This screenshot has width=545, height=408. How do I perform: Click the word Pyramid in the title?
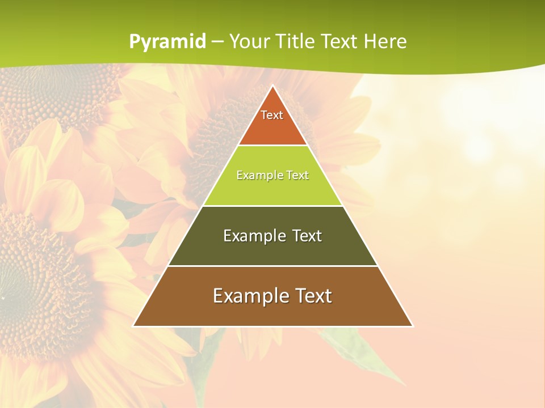pyautogui.click(x=167, y=42)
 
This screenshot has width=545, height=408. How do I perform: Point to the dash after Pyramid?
pyautogui.click(x=217, y=42)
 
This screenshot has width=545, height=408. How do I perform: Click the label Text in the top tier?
pyautogui.click(x=272, y=115)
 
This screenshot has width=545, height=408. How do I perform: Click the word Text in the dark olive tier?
pyautogui.click(x=307, y=236)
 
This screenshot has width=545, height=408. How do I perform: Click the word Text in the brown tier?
pyautogui.click(x=311, y=296)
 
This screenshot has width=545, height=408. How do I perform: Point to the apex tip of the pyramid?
pyautogui.click(x=273, y=86)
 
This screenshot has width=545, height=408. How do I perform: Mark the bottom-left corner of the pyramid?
pyautogui.click(x=134, y=326)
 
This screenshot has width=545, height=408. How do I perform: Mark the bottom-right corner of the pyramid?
pyautogui.click(x=412, y=326)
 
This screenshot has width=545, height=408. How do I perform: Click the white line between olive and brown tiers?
pyautogui.click(x=272, y=266)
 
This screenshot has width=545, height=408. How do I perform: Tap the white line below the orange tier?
pyautogui.click(x=272, y=146)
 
